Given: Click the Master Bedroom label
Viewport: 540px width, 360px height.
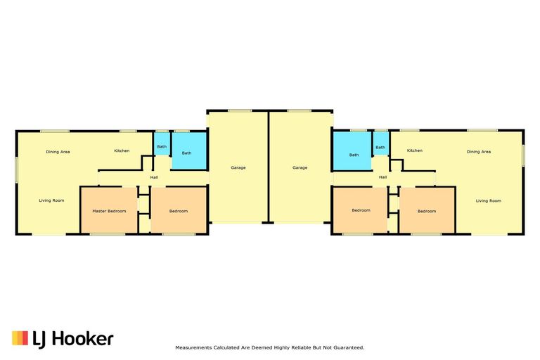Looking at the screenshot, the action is point(109,211).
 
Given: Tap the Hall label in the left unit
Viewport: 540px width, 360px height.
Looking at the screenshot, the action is point(154,177).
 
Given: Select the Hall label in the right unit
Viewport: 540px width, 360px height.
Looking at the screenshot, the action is point(382,177).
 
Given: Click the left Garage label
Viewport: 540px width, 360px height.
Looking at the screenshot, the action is point(238,168).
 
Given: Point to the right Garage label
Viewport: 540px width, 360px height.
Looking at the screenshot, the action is point(300,168).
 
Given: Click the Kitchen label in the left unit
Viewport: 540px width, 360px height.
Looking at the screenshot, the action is point(122,151).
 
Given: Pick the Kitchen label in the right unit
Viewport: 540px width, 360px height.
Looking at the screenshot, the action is point(414,150).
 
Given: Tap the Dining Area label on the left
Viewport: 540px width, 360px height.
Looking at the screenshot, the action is point(58,152).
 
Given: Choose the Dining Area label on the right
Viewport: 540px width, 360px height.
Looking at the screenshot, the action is point(479,152).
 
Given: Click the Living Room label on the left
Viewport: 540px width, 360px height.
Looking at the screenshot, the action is point(51,200).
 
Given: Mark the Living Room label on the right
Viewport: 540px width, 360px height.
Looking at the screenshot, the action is point(489,201).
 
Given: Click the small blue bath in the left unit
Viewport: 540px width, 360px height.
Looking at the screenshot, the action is point(162,144).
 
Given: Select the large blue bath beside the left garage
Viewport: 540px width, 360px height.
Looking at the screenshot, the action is point(188,151).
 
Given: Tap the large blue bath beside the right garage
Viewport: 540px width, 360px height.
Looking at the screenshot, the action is point(352,151).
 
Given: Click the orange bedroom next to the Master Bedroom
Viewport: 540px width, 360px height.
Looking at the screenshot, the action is point(179,210).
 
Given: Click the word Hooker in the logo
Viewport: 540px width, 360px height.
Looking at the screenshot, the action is point(83,339).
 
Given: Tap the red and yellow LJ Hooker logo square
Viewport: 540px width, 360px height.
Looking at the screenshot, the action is point(20,338).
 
